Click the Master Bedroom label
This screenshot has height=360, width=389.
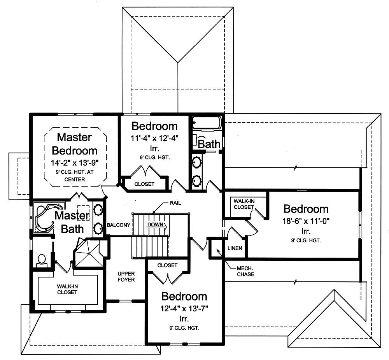pos(74,144)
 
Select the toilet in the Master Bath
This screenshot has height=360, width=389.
pos(42,260)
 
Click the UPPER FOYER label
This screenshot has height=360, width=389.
pos(126,277)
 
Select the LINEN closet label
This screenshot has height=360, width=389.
pos(236,248)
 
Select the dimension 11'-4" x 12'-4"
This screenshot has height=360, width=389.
pos(154,138)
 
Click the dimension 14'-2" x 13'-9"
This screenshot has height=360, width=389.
pos(74,162)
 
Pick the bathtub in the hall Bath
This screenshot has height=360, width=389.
pos(207,123)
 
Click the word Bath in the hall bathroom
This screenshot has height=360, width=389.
pos(209,144)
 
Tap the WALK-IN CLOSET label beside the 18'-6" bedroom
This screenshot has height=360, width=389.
pos(243,204)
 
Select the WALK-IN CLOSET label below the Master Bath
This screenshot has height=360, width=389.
pos(67,289)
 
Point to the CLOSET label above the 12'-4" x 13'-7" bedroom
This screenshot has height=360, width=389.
pos(167,265)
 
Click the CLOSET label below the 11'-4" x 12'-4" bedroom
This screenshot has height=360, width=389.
pos(144,184)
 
